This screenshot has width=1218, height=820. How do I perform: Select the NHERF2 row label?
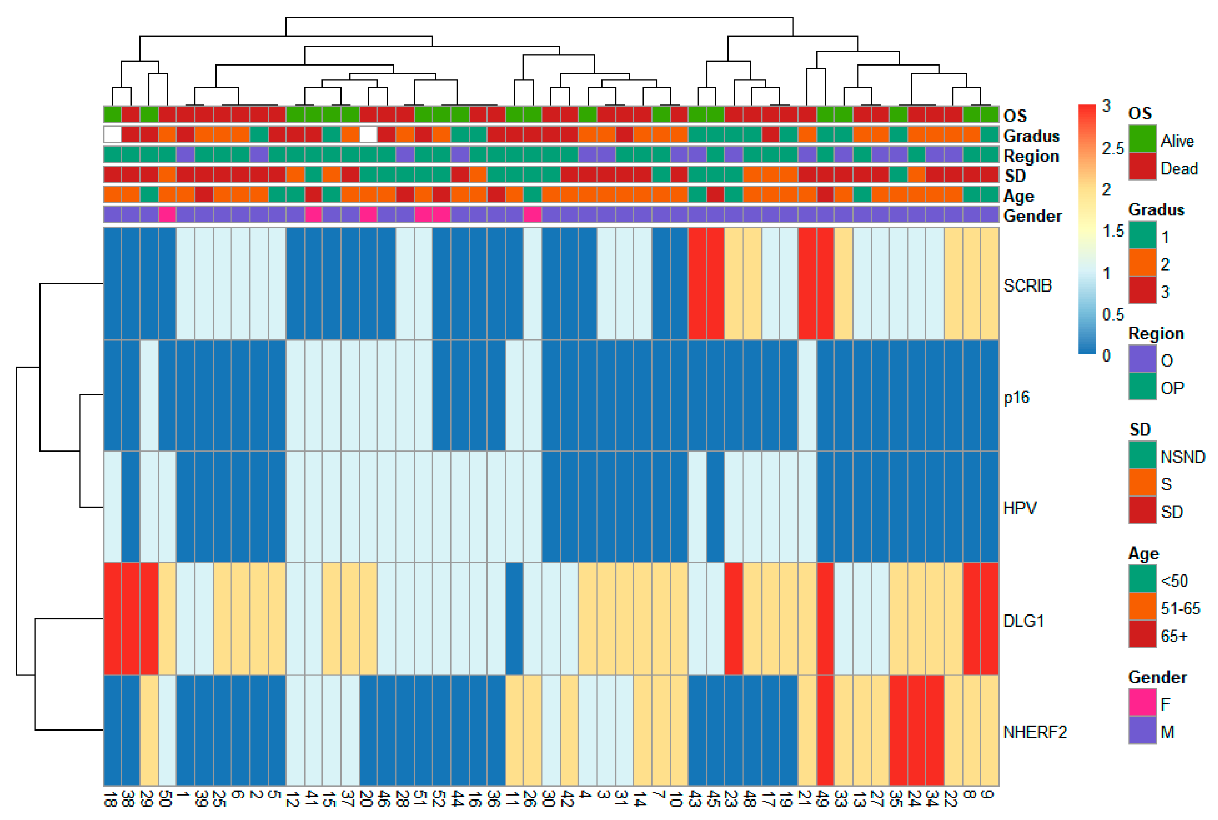(x=1034, y=732)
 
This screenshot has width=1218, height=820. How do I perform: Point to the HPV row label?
(x=1019, y=508)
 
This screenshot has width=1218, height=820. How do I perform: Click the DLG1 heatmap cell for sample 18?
(x=112, y=619)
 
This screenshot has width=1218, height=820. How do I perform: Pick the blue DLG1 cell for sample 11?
(x=515, y=619)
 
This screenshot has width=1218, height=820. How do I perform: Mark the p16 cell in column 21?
(x=807, y=396)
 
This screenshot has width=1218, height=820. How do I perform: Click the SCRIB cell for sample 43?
(x=697, y=283)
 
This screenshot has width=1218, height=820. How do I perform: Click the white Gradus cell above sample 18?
(x=112, y=134)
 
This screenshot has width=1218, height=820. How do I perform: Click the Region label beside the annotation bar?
(x=1031, y=156)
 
